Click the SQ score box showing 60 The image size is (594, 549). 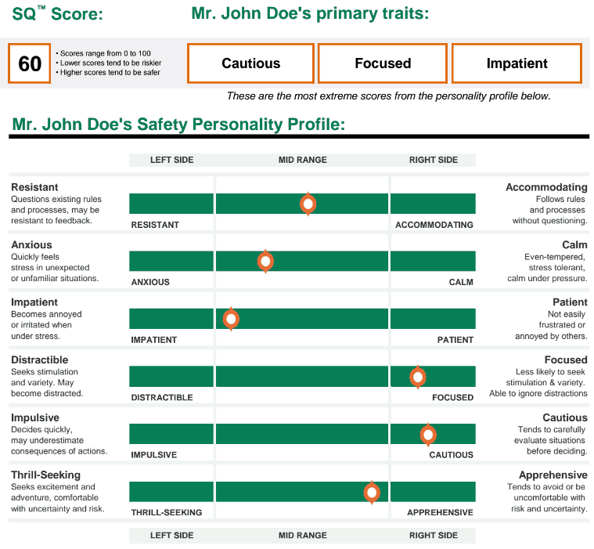tap(30, 63)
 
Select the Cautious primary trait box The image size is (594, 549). tap(250, 63)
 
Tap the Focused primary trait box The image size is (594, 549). tap(383, 63)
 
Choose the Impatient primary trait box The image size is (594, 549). tap(517, 63)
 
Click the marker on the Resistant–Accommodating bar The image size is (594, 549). tap(308, 204)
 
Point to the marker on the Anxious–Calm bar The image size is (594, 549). tap(266, 261)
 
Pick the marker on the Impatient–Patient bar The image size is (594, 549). tap(231, 319)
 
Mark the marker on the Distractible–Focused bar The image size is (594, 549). tap(418, 377)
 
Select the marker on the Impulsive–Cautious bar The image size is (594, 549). tap(428, 434)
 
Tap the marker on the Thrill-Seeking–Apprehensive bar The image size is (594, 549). tap(372, 492)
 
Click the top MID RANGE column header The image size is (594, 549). tap(302, 160)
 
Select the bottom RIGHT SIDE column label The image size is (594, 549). tap(433, 536)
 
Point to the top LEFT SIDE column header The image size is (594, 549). tap(171, 160)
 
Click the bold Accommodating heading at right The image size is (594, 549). tap(546, 187)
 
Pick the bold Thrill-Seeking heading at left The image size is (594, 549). tap(45, 475)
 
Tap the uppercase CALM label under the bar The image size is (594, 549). tap(461, 282)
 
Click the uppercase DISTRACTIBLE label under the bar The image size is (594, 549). tap(161, 397)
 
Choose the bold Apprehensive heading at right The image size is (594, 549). tap(553, 475)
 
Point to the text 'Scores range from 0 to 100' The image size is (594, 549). tap(106, 53)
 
